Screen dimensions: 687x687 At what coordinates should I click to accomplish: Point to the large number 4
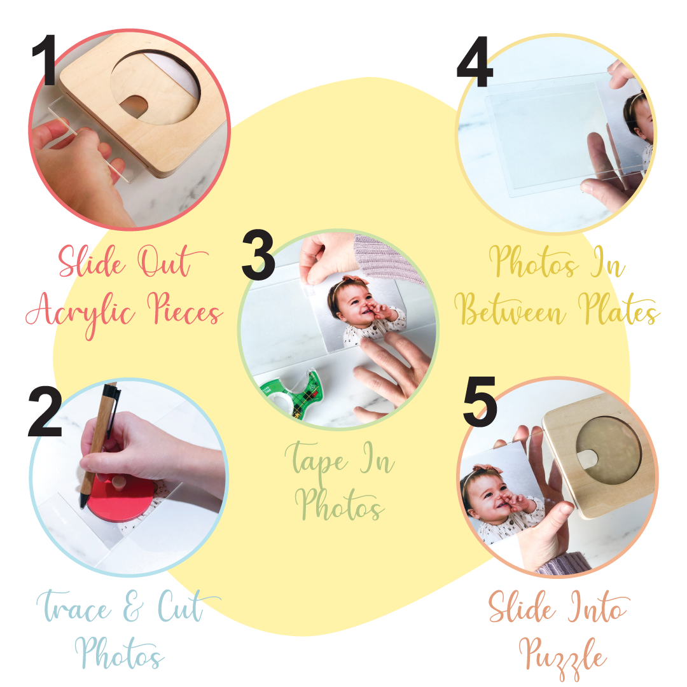tap(475, 62)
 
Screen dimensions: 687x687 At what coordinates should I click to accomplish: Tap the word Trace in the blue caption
tap(74, 609)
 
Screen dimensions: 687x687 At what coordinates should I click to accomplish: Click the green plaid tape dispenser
tap(289, 394)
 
